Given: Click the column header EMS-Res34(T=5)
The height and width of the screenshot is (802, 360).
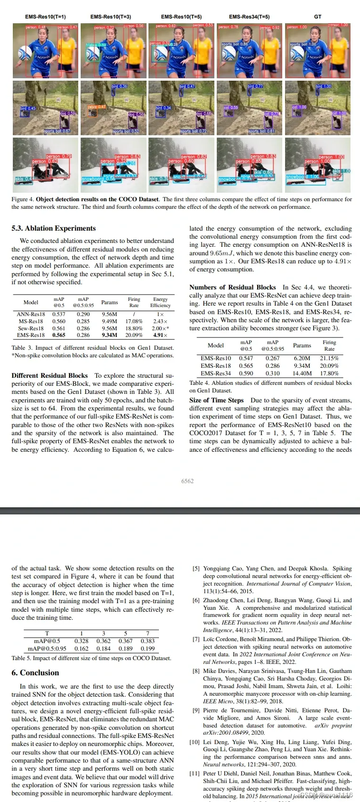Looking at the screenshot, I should tap(249, 17).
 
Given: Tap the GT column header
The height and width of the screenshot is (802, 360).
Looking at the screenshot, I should tap(317, 17).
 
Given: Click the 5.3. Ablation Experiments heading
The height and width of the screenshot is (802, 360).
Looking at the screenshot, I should tap(54, 228).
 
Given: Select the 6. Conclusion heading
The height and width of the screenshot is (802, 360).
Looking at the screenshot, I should tap(35, 672).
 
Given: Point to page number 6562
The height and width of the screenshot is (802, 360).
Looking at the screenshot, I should tap(187, 481).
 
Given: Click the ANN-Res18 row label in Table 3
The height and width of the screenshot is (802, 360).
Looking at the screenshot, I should tap(31, 314).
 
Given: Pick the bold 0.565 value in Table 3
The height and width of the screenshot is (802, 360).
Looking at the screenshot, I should tap(59, 335).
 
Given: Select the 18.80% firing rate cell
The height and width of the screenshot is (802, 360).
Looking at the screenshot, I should tap(134, 328).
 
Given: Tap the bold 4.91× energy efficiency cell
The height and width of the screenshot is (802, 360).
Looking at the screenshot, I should tap(160, 335).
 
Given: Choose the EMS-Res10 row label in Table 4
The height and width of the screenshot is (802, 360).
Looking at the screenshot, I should tap(216, 358).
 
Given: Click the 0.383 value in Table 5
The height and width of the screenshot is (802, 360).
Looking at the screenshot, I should tap(148, 641).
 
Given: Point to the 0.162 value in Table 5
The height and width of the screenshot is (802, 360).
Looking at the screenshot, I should tap(82, 648).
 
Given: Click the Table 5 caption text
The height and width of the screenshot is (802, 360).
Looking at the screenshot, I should tap(91, 658).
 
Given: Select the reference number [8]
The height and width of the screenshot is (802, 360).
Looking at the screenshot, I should tap(196, 671).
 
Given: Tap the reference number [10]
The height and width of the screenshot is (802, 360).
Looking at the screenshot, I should tap(194, 742).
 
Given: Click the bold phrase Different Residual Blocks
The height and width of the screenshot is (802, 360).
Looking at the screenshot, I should tap(50, 375).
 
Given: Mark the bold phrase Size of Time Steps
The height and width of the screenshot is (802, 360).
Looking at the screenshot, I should tap(216, 400).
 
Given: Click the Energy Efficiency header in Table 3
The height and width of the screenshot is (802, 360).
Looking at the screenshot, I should tap(160, 302).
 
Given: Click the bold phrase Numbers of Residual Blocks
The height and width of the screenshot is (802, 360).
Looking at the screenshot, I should tap(232, 287).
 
